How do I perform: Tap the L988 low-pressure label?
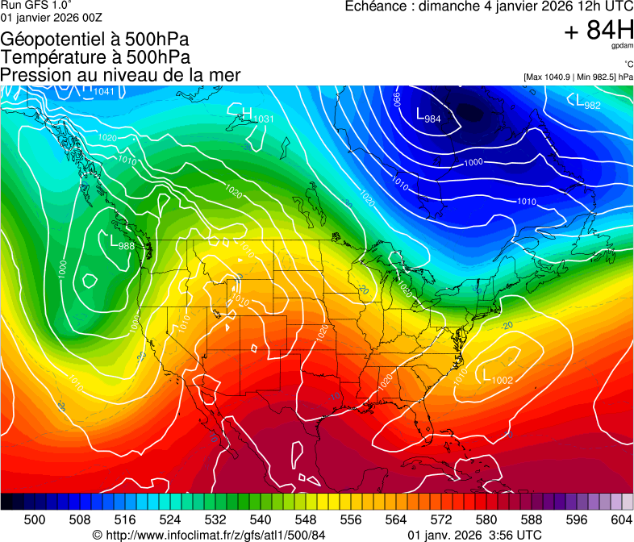(122, 242)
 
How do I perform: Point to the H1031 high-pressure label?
(257, 115)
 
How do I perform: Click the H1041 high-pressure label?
(98, 90)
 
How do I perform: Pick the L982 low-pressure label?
(587, 102)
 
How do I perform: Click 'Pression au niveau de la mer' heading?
(120, 75)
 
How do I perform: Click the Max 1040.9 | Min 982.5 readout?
(578, 77)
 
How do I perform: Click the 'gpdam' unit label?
(622, 46)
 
